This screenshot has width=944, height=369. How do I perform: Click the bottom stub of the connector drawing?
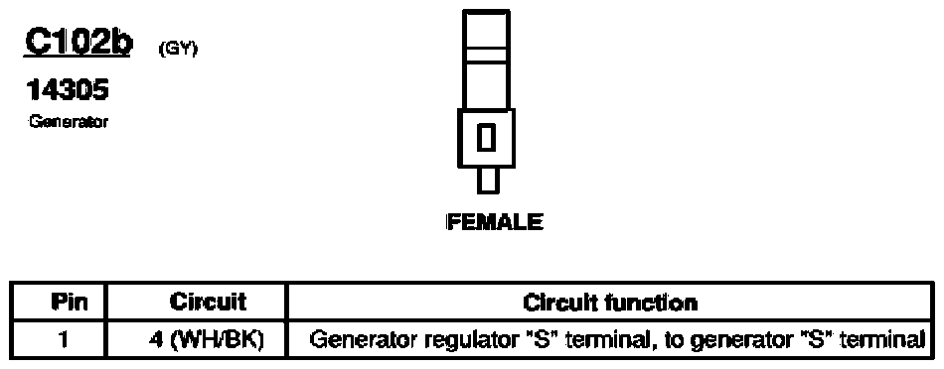click(487, 182)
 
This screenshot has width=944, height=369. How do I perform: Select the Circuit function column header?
click(610, 302)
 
